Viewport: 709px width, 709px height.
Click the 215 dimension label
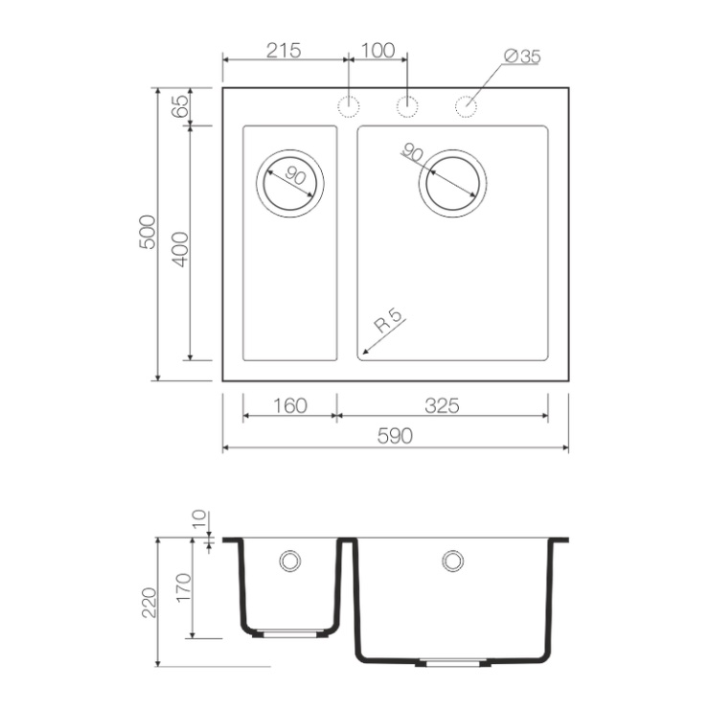click(284, 51)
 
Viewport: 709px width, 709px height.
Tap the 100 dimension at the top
click(378, 51)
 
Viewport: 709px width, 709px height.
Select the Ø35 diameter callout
click(522, 57)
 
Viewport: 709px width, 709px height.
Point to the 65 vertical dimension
click(180, 106)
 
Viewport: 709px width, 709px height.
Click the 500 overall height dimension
click(148, 233)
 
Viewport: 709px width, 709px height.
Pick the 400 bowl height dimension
click(180, 250)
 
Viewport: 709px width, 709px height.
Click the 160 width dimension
click(290, 405)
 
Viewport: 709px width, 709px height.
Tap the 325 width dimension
click(442, 405)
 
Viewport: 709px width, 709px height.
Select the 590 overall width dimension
click(395, 436)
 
